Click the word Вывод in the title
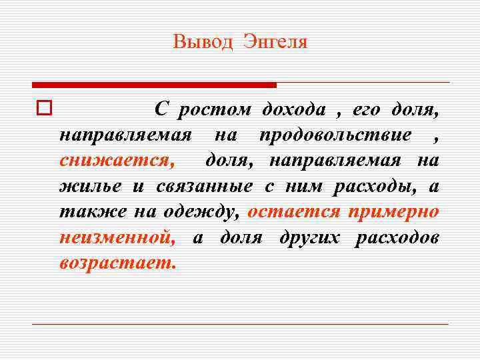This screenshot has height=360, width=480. pyautogui.click(x=203, y=43)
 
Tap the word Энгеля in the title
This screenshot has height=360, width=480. pyautogui.click(x=275, y=43)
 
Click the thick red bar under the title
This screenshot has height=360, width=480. pyautogui.click(x=154, y=85)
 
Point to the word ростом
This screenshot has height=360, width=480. pyautogui.click(x=215, y=109)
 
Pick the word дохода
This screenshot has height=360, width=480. pyautogui.click(x=294, y=109)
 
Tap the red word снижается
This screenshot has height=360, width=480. pyautogui.click(x=115, y=161)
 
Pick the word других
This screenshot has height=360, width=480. pyautogui.click(x=311, y=237)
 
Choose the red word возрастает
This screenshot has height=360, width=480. pyautogui.click(x=117, y=262)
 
